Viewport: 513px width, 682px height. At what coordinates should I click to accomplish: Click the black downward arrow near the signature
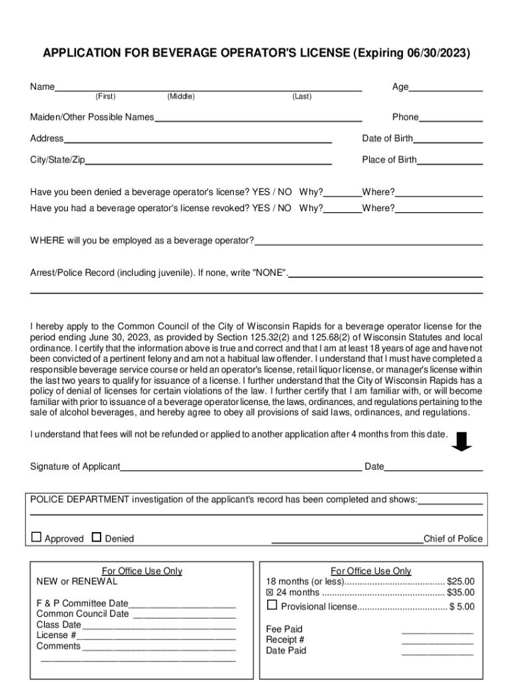point(462,440)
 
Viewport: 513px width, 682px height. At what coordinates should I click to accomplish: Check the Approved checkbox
point(37,537)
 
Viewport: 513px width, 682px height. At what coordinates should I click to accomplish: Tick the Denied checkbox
point(96,537)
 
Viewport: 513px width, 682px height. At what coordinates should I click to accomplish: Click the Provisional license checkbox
point(271,605)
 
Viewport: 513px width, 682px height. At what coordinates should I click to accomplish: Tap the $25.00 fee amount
point(460,581)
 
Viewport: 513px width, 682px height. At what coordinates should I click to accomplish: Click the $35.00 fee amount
point(460,593)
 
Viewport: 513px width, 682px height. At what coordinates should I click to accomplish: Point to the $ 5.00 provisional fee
point(462,607)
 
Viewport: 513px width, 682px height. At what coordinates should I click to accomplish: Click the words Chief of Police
point(453,539)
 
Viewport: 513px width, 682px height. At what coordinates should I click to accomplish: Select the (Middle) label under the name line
point(181,97)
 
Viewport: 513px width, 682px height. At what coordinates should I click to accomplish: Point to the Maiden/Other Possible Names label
point(92,117)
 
